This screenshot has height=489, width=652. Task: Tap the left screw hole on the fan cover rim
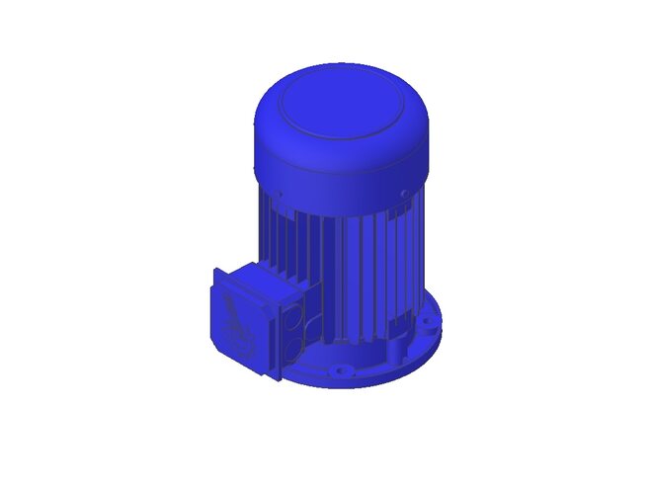pos(280,193)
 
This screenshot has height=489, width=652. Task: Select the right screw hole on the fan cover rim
pos(404,192)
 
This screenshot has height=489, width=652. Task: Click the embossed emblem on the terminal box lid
pos(236,318)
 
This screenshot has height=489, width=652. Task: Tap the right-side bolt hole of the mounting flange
pos(426,321)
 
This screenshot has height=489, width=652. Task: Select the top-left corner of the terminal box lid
pos(215,271)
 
